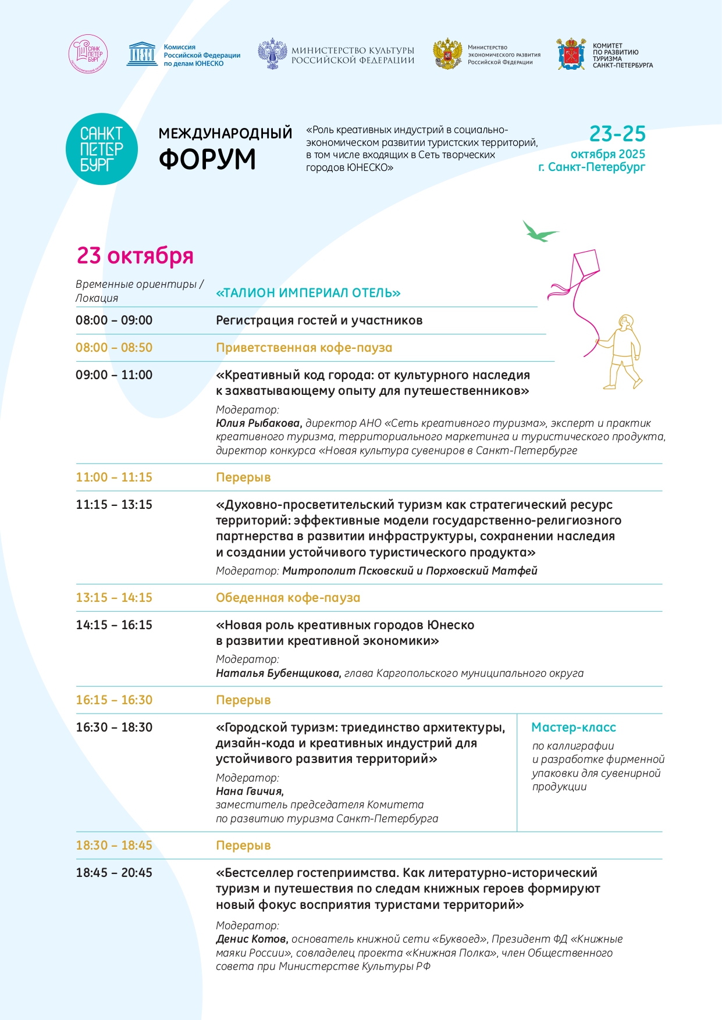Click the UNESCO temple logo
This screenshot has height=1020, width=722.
(141, 54)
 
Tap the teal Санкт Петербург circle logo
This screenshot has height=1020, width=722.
(102, 149)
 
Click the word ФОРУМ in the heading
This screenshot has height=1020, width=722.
(207, 159)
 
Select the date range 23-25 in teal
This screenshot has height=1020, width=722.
(617, 134)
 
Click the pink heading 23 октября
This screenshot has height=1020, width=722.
(135, 255)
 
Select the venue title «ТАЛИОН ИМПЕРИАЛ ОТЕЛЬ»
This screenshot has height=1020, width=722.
(308, 293)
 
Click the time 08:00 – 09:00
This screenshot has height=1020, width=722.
(114, 320)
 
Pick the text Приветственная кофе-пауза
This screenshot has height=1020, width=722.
(304, 348)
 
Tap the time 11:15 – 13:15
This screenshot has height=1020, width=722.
(114, 505)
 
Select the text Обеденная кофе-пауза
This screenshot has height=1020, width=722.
(288, 598)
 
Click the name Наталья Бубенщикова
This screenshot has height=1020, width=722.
(278, 673)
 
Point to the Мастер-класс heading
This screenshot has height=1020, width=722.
(573, 727)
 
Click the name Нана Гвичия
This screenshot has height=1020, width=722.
(249, 791)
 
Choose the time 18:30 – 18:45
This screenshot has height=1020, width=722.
(114, 846)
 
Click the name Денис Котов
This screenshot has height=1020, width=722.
(251, 939)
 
